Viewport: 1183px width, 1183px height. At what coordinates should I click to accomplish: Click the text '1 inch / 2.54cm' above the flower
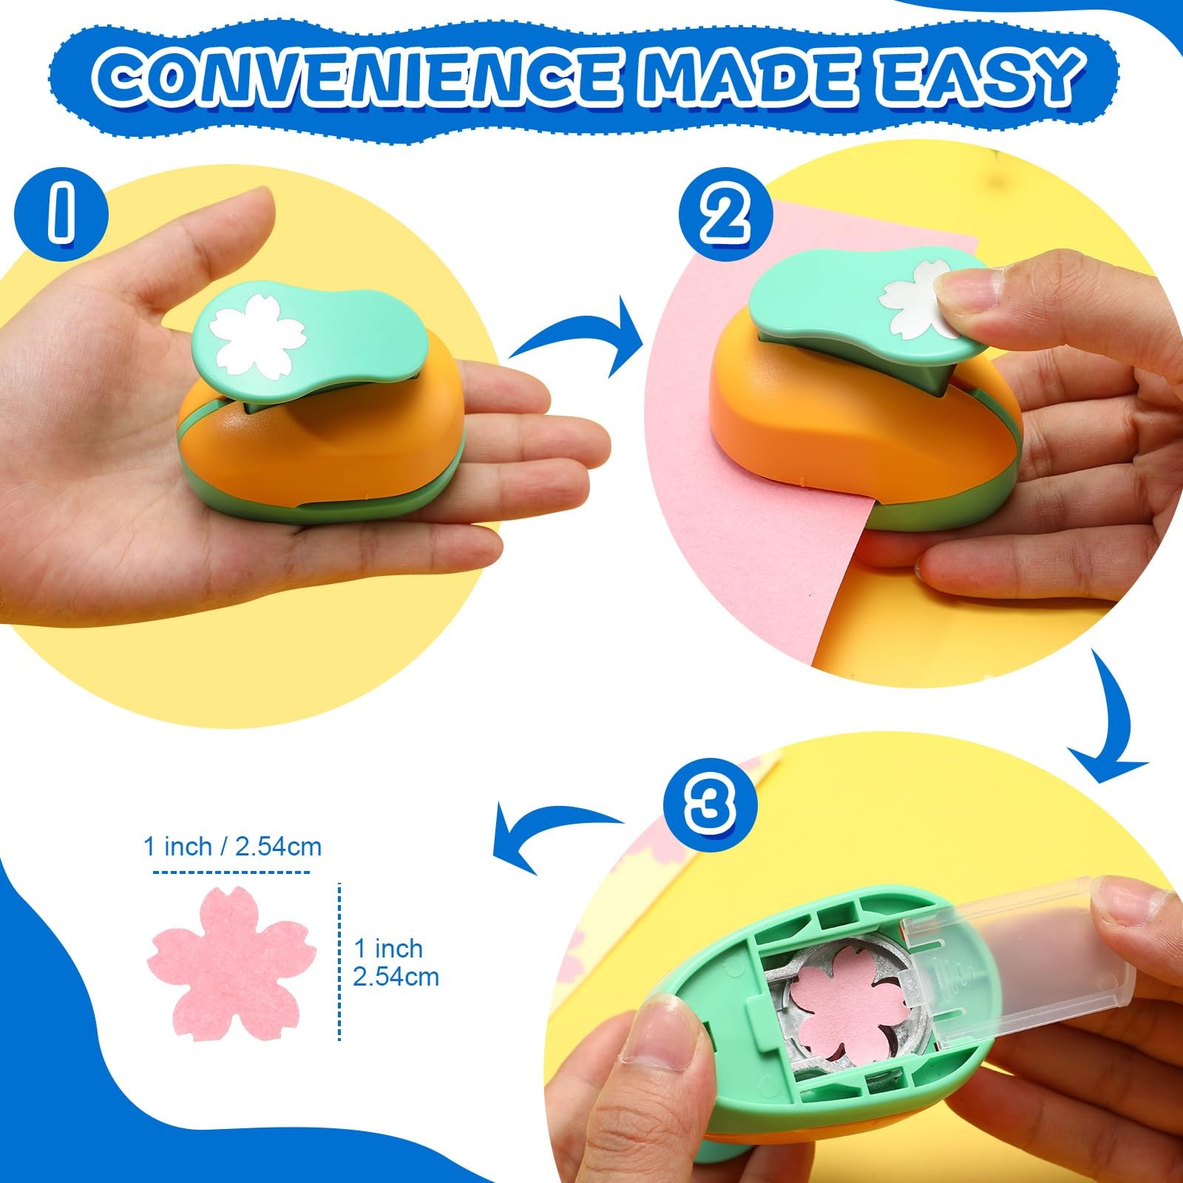tap(233, 847)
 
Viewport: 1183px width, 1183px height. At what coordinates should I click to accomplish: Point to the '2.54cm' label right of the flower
tap(396, 977)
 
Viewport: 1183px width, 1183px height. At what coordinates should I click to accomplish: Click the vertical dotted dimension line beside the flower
tap(340, 962)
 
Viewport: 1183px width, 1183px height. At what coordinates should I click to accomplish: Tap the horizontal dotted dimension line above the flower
tap(231, 872)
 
